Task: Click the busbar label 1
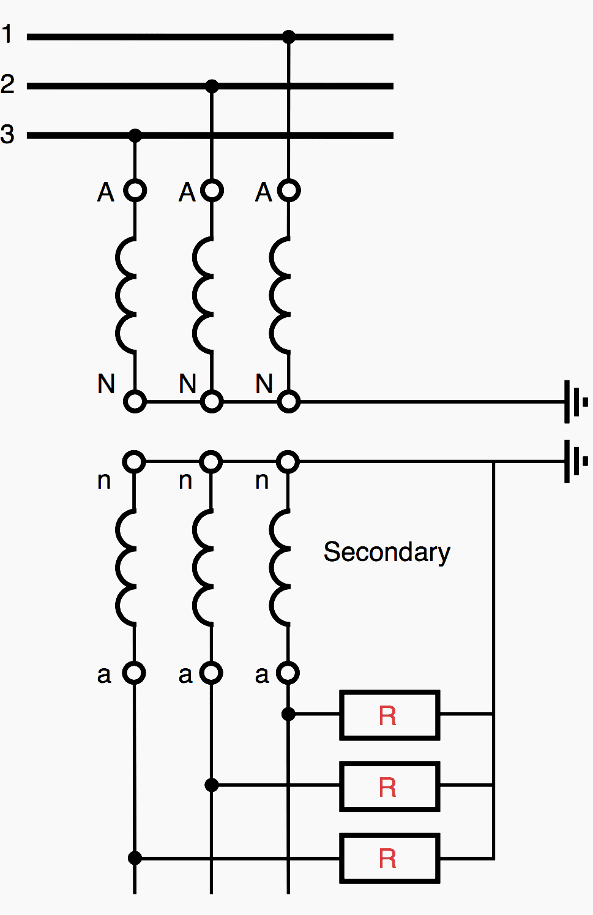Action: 7,34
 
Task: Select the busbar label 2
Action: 7,84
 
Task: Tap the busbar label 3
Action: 7,134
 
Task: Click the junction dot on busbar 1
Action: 288,37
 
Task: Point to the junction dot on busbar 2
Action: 212,86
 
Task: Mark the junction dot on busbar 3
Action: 135,135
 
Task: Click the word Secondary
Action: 387,552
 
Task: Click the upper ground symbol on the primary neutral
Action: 575,402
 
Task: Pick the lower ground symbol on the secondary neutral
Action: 575,461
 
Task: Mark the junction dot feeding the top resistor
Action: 288,715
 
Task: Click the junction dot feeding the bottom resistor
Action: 135,858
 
